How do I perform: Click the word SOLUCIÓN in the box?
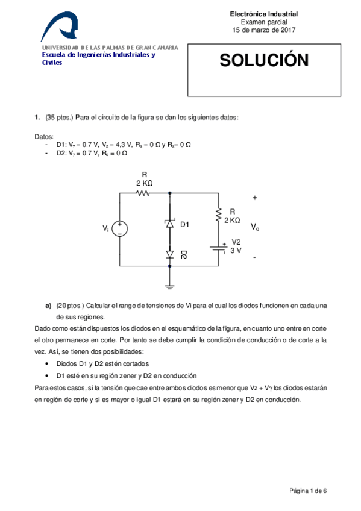point(263,61)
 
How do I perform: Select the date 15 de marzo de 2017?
point(264,30)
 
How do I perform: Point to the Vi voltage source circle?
point(121,228)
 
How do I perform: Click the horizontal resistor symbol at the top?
point(144,193)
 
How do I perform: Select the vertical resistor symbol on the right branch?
point(218,216)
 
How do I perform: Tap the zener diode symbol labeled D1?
point(169,224)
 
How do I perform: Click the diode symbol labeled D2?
point(169,255)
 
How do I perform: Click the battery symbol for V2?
point(218,249)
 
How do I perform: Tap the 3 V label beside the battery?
point(236,250)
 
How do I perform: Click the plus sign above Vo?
point(255,198)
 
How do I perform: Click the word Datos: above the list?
point(44,137)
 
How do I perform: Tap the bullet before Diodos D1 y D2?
point(48,364)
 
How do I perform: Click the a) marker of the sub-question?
point(48,306)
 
